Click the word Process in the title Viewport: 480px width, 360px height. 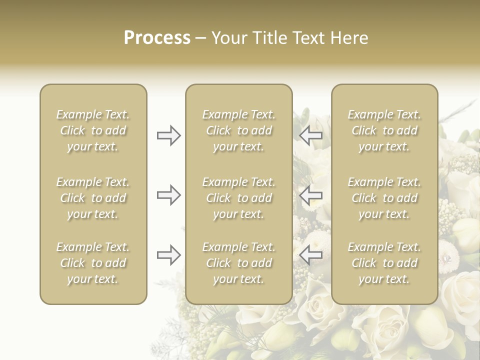point(157,38)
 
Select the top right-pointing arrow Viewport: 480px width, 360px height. point(168,135)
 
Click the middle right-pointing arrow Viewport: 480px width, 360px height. point(168,195)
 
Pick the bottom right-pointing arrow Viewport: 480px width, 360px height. point(168,255)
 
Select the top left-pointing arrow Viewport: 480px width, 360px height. point(311,135)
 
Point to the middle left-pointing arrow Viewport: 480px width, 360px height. point(311,195)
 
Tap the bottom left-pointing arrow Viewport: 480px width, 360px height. point(311,255)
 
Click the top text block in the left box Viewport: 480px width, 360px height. point(93,130)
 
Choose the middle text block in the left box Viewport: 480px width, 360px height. point(93,198)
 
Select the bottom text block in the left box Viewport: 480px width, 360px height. point(93,263)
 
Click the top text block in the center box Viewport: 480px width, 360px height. point(238,130)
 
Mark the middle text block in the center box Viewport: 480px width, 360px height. point(238,198)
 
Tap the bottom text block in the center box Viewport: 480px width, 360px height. point(238,263)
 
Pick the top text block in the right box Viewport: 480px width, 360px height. point(384,130)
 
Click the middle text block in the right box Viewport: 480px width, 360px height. point(384,198)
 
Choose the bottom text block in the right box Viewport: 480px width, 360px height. point(384,263)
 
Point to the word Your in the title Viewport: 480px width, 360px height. point(228,38)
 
